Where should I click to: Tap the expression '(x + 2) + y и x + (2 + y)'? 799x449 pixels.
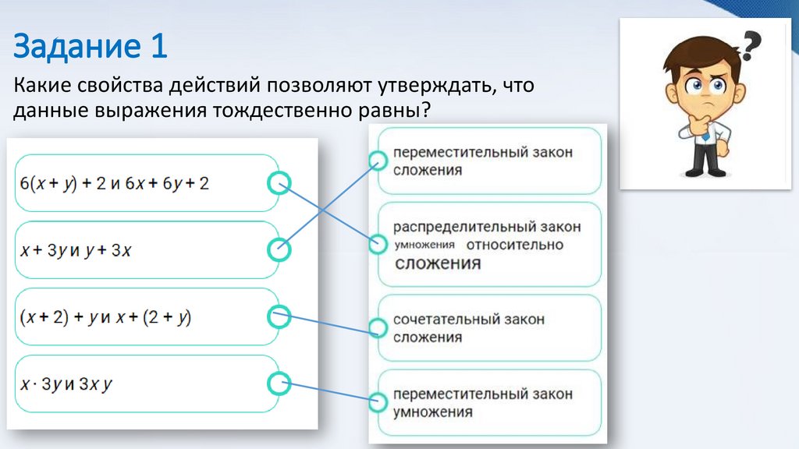[107, 317]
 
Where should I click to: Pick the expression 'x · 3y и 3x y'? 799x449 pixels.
[67, 384]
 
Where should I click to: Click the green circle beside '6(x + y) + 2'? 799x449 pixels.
[279, 183]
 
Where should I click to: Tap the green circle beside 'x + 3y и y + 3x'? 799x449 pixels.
[279, 250]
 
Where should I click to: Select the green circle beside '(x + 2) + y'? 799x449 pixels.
[279, 316]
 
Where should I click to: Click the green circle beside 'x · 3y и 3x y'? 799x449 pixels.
[279, 384]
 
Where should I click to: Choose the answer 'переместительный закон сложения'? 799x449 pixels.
[482, 161]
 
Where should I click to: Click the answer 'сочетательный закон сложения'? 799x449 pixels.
[469, 328]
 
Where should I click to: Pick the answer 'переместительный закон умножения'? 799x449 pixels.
[482, 402]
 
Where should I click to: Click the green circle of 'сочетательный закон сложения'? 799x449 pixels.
[378, 328]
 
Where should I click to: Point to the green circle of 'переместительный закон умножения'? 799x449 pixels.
[378, 402]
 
